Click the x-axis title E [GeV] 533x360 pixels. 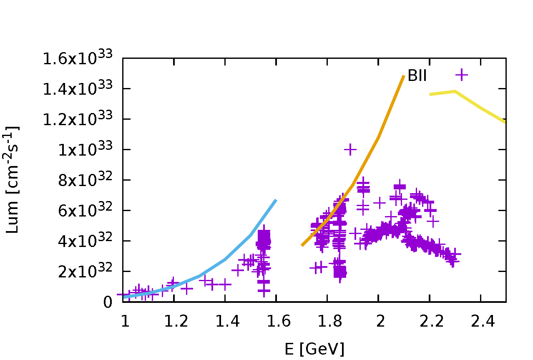pyautogui.click(x=314, y=349)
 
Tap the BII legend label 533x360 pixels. pyautogui.click(x=417, y=76)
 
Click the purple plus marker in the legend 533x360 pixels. pyautogui.click(x=462, y=75)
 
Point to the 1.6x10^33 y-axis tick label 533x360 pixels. pyautogui.click(x=78, y=58)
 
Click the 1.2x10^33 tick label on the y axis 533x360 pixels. pyautogui.click(x=78, y=119)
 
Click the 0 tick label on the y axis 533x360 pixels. pyautogui.click(x=108, y=302)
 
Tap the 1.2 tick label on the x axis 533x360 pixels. pyautogui.click(x=173, y=321)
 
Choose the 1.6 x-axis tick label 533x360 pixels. pyautogui.click(x=276, y=321)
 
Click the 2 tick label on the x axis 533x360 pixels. pyautogui.click(x=378, y=321)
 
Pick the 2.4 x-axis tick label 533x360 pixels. pyautogui.click(x=481, y=321)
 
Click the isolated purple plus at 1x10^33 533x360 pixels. pyautogui.click(x=350, y=149)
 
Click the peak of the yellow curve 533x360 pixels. pyautogui.click(x=455, y=91)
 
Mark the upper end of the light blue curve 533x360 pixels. pyautogui.click(x=276, y=201)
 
